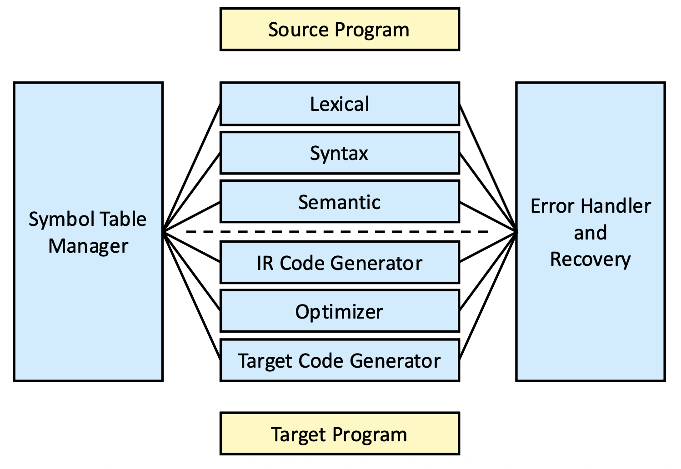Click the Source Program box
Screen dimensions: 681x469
[x=340, y=29]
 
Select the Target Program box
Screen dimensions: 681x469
[x=340, y=434]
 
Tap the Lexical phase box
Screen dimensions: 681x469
[x=340, y=104]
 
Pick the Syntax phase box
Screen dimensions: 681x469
[x=340, y=153]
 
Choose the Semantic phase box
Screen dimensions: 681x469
[x=340, y=201]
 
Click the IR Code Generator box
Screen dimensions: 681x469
[x=340, y=262]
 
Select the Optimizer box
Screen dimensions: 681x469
[x=340, y=311]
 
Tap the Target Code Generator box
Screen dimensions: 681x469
[x=340, y=360]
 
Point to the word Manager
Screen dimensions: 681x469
[x=88, y=246]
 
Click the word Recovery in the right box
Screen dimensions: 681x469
[x=591, y=260]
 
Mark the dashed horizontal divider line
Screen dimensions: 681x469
[x=337, y=232]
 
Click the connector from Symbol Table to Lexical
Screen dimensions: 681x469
[x=192, y=168]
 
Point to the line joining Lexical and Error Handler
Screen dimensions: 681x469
[x=488, y=168]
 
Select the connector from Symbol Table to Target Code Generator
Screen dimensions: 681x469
[x=192, y=296]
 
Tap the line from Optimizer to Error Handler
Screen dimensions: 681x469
[x=488, y=271]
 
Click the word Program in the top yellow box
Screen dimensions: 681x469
[x=372, y=30]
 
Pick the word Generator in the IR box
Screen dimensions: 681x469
[x=376, y=263]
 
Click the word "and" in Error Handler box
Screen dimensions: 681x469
[x=591, y=233]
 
